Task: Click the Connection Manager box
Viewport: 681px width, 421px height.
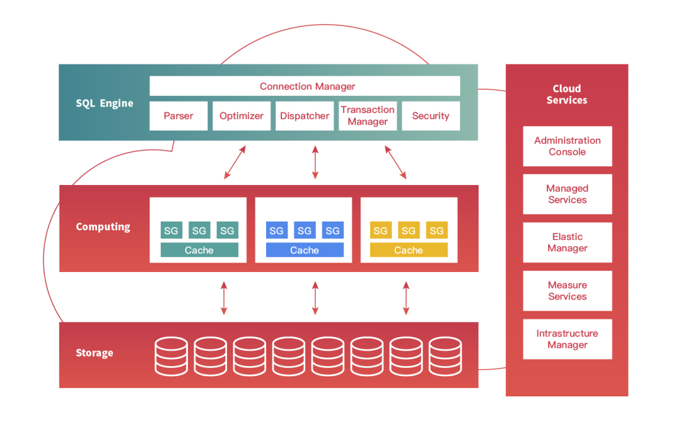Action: point(305,86)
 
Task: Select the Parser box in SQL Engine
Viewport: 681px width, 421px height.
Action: point(178,116)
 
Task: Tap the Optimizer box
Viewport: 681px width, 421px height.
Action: point(242,116)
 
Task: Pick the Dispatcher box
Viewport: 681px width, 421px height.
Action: point(305,116)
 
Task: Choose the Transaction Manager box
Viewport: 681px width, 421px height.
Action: point(368,116)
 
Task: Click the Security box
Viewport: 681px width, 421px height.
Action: point(431,116)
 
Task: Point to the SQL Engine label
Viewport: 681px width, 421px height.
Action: point(105,104)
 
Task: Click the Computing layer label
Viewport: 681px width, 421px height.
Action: point(103,227)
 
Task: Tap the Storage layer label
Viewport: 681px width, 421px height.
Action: point(95,353)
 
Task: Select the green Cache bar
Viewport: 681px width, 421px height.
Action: point(199,250)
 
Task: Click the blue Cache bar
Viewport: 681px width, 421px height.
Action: point(305,250)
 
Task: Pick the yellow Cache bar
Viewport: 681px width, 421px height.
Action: point(409,250)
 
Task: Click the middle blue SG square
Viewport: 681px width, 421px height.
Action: point(305,230)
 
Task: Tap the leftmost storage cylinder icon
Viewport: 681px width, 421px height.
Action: point(171,356)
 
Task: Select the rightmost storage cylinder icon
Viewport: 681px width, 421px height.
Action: point(445,356)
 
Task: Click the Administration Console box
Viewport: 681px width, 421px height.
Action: point(567,146)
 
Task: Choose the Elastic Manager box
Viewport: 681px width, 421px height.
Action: point(567,242)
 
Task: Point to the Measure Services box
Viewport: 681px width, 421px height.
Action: point(567,290)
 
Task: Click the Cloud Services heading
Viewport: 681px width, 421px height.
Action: point(567,95)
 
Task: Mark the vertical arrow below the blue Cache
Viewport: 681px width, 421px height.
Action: point(315,298)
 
